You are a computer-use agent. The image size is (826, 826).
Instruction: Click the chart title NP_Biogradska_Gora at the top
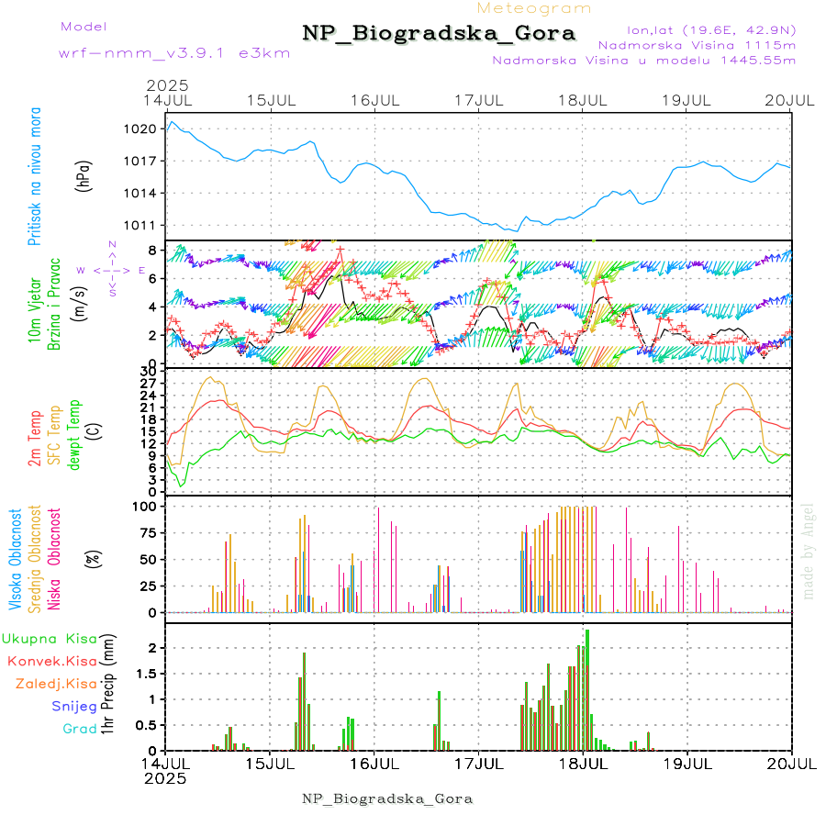point(439,34)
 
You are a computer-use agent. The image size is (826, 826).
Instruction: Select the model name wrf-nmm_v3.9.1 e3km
point(174,52)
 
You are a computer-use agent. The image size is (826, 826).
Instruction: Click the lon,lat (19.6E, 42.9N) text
point(710,29)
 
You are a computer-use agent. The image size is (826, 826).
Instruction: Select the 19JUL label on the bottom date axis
point(687,764)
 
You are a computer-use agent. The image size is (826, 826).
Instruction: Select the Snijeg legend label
point(73,707)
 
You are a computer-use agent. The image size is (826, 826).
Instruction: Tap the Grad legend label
point(79,730)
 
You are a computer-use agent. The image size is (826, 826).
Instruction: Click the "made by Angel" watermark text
point(809,551)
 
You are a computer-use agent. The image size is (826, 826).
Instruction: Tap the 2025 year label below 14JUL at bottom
point(166,778)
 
